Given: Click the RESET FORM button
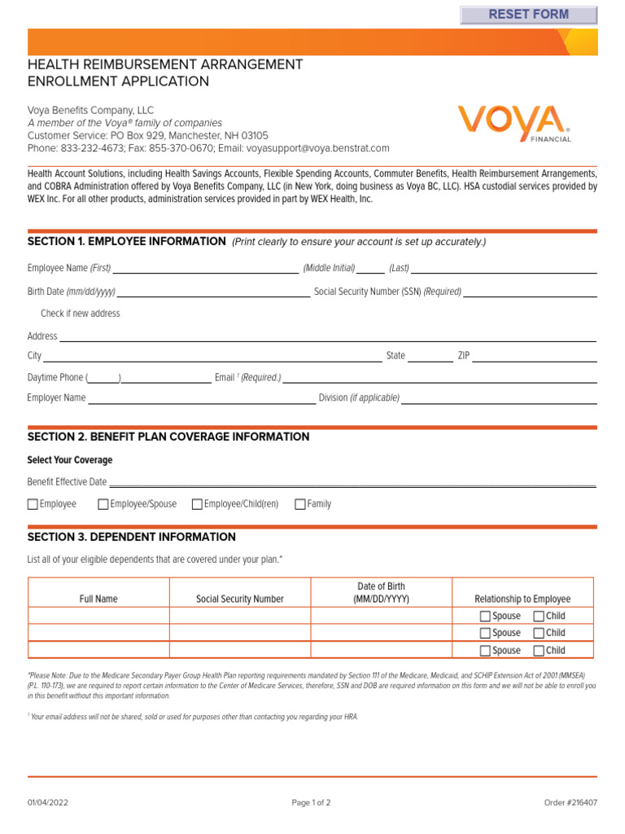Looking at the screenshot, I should click(528, 15).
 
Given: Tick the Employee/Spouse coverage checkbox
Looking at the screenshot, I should click(103, 504).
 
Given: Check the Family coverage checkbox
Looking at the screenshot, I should click(300, 504).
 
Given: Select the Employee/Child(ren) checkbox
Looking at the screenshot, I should click(197, 504).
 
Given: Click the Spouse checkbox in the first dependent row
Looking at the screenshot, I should click(485, 617).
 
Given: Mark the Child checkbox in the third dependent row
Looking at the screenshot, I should click(539, 651).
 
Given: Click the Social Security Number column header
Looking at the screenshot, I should click(240, 599).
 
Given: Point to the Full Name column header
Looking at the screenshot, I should click(98, 599).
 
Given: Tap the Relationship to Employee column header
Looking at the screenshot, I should click(522, 599).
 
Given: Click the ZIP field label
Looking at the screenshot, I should click(464, 356).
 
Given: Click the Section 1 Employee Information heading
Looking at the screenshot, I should click(126, 241).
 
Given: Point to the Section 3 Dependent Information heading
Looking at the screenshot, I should click(132, 538).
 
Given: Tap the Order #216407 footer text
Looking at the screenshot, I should click(570, 802).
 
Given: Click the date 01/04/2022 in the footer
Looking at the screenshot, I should click(48, 802).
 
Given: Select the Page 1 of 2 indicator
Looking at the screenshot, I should click(312, 802).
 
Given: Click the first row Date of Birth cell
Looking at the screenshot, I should click(381, 616).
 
